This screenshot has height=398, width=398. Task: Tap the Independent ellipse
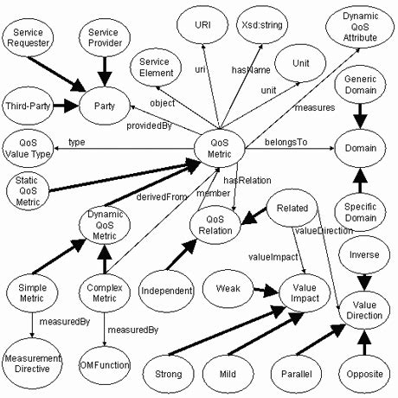pyautogui.click(x=165, y=290)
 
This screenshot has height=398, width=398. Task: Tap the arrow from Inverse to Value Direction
pyautogui.click(x=364, y=278)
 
